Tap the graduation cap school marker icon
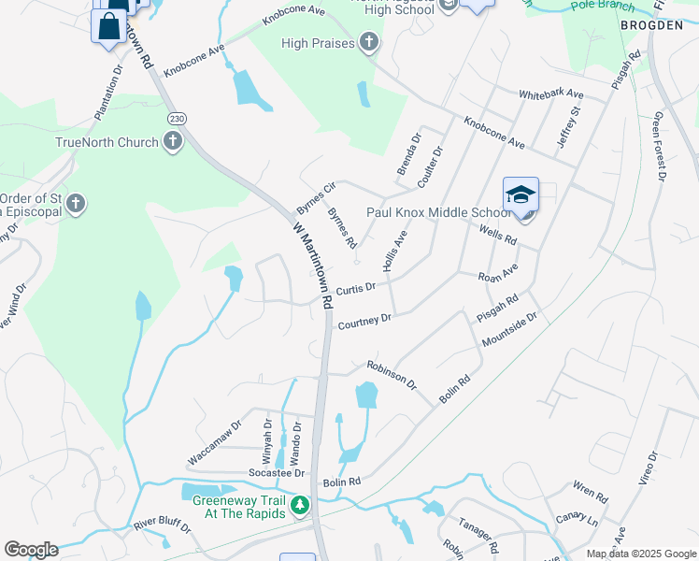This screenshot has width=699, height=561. [521, 194]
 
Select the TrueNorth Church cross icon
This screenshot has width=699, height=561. [172, 142]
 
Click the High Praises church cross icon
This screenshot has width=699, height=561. [369, 42]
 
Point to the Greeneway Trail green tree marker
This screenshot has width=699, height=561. [299, 507]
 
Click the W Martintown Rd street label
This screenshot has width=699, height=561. [313, 266]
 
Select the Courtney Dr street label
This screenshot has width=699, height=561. [364, 322]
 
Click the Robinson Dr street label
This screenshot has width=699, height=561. [391, 374]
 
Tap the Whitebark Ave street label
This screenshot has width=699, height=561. [550, 94]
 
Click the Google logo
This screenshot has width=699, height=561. [31, 550]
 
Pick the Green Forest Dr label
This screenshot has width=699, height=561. [660, 145]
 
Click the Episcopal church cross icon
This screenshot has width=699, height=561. [77, 203]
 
